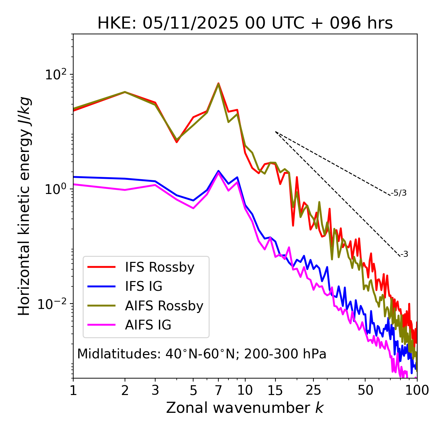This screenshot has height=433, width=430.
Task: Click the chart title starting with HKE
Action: click(x=245, y=23)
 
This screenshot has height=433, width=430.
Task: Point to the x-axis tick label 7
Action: click(x=218, y=390)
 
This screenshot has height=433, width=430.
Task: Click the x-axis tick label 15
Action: click(x=275, y=390)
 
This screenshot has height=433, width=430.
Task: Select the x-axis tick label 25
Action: click(x=313, y=390)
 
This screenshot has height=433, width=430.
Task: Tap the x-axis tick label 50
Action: click(x=365, y=390)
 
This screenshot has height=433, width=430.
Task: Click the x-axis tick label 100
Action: click(x=417, y=390)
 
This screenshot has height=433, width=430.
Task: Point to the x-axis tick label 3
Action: click(x=155, y=390)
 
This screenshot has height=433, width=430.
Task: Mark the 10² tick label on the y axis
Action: click(x=56, y=75)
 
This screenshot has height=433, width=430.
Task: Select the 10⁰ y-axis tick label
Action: click(x=56, y=189)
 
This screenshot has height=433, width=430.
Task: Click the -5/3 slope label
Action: click(x=399, y=193)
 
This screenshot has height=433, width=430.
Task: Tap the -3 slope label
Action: click(x=404, y=254)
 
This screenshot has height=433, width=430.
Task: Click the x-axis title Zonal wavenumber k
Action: click(x=245, y=408)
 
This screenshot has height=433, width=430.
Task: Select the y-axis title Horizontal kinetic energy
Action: click(x=24, y=206)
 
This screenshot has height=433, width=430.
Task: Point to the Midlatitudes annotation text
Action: click(x=202, y=354)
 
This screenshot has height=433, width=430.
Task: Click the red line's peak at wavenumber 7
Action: click(x=218, y=83)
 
